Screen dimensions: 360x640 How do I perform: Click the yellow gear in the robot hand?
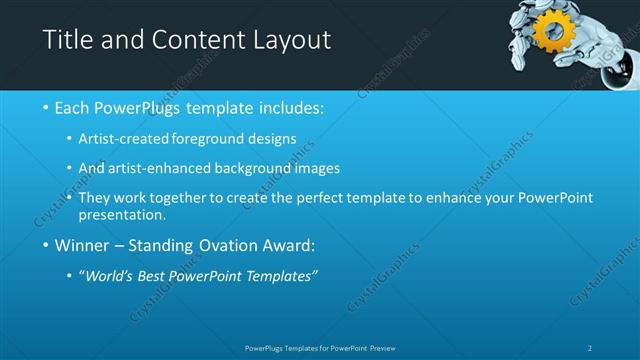(551, 33)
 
